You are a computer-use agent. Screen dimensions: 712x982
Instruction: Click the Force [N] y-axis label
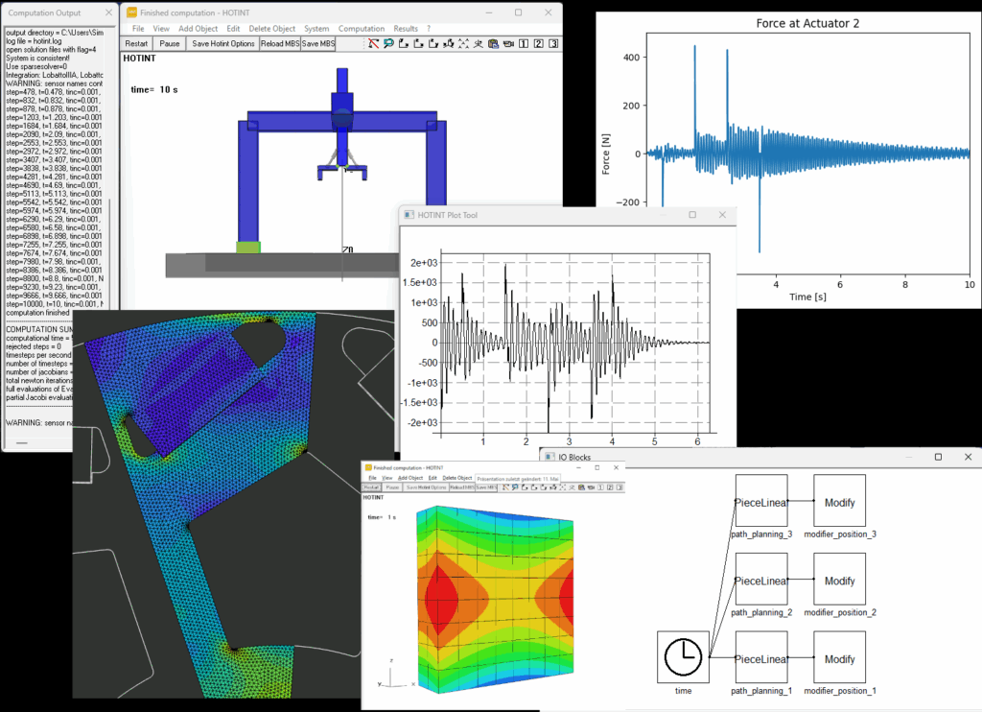[606, 154]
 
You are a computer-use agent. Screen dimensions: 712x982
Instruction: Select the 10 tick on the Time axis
[969, 285]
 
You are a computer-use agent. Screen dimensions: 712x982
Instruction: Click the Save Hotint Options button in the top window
[223, 44]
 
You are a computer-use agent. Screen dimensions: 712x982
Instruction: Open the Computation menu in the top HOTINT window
[362, 29]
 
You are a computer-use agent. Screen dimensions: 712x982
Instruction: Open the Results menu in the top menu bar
[406, 29]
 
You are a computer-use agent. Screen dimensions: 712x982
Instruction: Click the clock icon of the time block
[683, 657]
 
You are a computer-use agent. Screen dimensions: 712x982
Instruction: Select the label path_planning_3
[761, 534]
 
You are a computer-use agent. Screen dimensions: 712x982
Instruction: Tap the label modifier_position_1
[840, 690]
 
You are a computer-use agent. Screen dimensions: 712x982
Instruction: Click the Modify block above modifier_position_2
[840, 581]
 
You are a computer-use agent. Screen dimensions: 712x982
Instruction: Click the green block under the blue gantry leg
[248, 248]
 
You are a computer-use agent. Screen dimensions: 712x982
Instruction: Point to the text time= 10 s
[154, 89]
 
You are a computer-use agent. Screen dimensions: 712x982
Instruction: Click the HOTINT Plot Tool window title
[447, 215]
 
